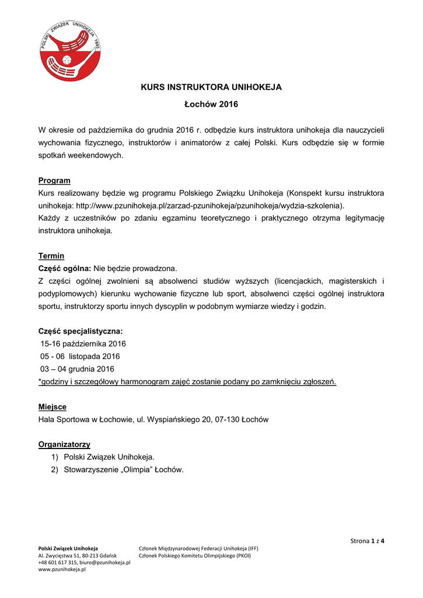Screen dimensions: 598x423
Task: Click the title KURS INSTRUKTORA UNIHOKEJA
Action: [x=211, y=87]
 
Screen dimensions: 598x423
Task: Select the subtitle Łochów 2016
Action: [x=211, y=105]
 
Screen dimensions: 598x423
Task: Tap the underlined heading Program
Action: [x=54, y=180]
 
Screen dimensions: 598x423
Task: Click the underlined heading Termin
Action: [x=51, y=256]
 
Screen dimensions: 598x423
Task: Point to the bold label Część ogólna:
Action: [x=64, y=268]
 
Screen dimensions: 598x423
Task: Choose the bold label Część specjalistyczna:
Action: [x=81, y=331]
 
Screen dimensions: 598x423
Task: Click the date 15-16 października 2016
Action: [x=83, y=343]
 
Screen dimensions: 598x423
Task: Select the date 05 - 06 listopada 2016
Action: [x=80, y=356]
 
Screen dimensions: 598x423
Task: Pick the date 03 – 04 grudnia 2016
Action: [x=78, y=369]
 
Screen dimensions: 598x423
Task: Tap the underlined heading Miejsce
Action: [x=53, y=406]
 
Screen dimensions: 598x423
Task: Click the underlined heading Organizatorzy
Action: [x=64, y=444]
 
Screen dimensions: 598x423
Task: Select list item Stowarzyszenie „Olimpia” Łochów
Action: [x=124, y=470]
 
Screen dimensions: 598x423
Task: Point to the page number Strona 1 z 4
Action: [x=367, y=541]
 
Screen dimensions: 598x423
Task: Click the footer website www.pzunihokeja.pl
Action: [x=62, y=570]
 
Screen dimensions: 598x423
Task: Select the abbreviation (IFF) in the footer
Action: [x=252, y=548]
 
